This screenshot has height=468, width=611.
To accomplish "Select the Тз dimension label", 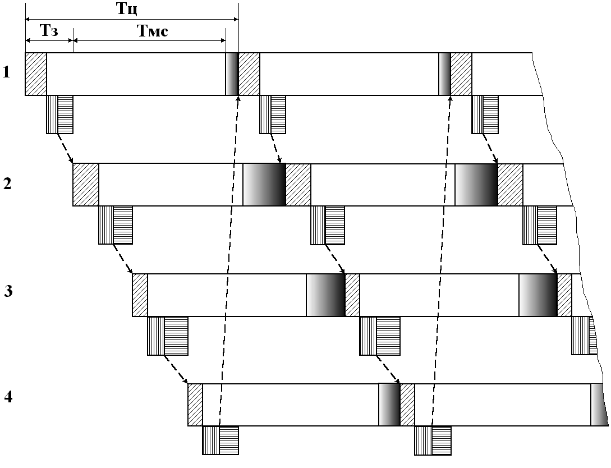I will (x=49, y=31).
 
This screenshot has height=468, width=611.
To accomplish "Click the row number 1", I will (x=7, y=72).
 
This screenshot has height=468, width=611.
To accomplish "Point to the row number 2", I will (x=7, y=183).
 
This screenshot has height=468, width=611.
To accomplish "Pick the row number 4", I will (x=8, y=398).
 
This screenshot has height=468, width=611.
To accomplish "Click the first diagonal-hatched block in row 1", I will (x=36, y=74).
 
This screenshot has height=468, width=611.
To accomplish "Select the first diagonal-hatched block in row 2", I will (x=86, y=185).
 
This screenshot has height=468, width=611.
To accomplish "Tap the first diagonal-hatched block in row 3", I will (x=140, y=295).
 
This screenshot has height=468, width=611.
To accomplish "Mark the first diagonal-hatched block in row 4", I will (x=195, y=405).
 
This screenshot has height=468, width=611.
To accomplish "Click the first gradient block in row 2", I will (x=264, y=185).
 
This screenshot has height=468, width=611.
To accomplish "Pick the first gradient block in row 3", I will (x=325, y=295).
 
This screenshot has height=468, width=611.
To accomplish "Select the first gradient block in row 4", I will (x=389, y=405).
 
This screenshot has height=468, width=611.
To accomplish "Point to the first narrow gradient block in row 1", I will (x=232, y=74).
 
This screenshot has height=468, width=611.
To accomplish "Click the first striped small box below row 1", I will (x=59, y=114).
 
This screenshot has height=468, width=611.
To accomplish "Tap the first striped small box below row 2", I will (x=116, y=225).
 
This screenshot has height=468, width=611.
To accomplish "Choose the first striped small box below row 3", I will (x=167, y=336).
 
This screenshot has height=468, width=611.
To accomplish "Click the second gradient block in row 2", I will (x=476, y=185).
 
